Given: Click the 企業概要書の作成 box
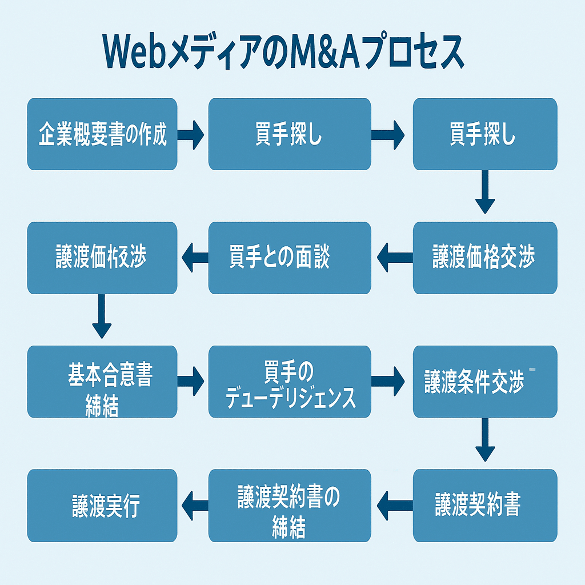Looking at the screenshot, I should click(x=102, y=134).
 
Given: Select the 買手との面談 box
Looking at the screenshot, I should click(x=290, y=258).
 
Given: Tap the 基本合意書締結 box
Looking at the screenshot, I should click(x=102, y=381).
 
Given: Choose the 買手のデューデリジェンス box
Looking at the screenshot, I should click(x=290, y=381).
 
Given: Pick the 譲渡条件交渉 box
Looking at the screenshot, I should click(x=485, y=381).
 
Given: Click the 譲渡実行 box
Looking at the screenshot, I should click(x=102, y=505).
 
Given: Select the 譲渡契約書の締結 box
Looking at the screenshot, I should click(x=290, y=505).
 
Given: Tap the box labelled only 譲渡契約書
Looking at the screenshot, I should click(x=485, y=505).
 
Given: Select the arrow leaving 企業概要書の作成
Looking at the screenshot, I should click(x=191, y=135).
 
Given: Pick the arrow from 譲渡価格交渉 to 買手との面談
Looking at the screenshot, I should click(x=394, y=258).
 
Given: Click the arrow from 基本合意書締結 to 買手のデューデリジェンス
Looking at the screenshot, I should click(x=191, y=382).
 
